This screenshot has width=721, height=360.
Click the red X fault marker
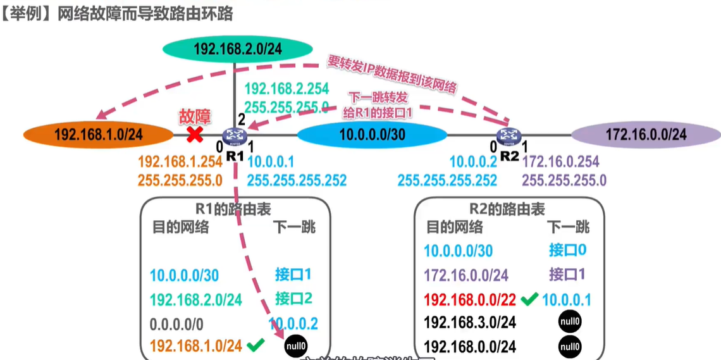tap(194, 134)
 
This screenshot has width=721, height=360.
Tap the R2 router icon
tap(507, 135)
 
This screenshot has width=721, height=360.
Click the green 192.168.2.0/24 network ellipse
tap(237, 49)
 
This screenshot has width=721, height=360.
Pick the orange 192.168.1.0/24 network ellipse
tap(98, 135)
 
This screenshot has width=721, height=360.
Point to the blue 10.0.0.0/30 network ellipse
tap(372, 135)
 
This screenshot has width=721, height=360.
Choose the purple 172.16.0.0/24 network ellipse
tap(646, 135)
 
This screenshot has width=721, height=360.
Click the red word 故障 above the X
tap(195, 116)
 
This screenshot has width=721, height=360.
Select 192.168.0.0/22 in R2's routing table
tap(470, 299)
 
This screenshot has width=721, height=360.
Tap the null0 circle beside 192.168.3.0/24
tap(570, 322)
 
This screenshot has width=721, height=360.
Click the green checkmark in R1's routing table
tap(256, 345)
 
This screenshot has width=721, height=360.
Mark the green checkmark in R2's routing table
tap(529, 299)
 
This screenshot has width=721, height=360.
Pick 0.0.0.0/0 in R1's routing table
tap(176, 325)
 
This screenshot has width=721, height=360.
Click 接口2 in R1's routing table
tap(293, 298)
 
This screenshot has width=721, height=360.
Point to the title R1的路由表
tap(234, 209)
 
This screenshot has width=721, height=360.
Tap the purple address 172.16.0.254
tap(561, 163)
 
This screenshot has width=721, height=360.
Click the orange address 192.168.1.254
tap(180, 163)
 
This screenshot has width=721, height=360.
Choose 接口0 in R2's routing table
tap(567, 250)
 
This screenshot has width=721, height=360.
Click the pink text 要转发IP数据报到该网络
tap(392, 74)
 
